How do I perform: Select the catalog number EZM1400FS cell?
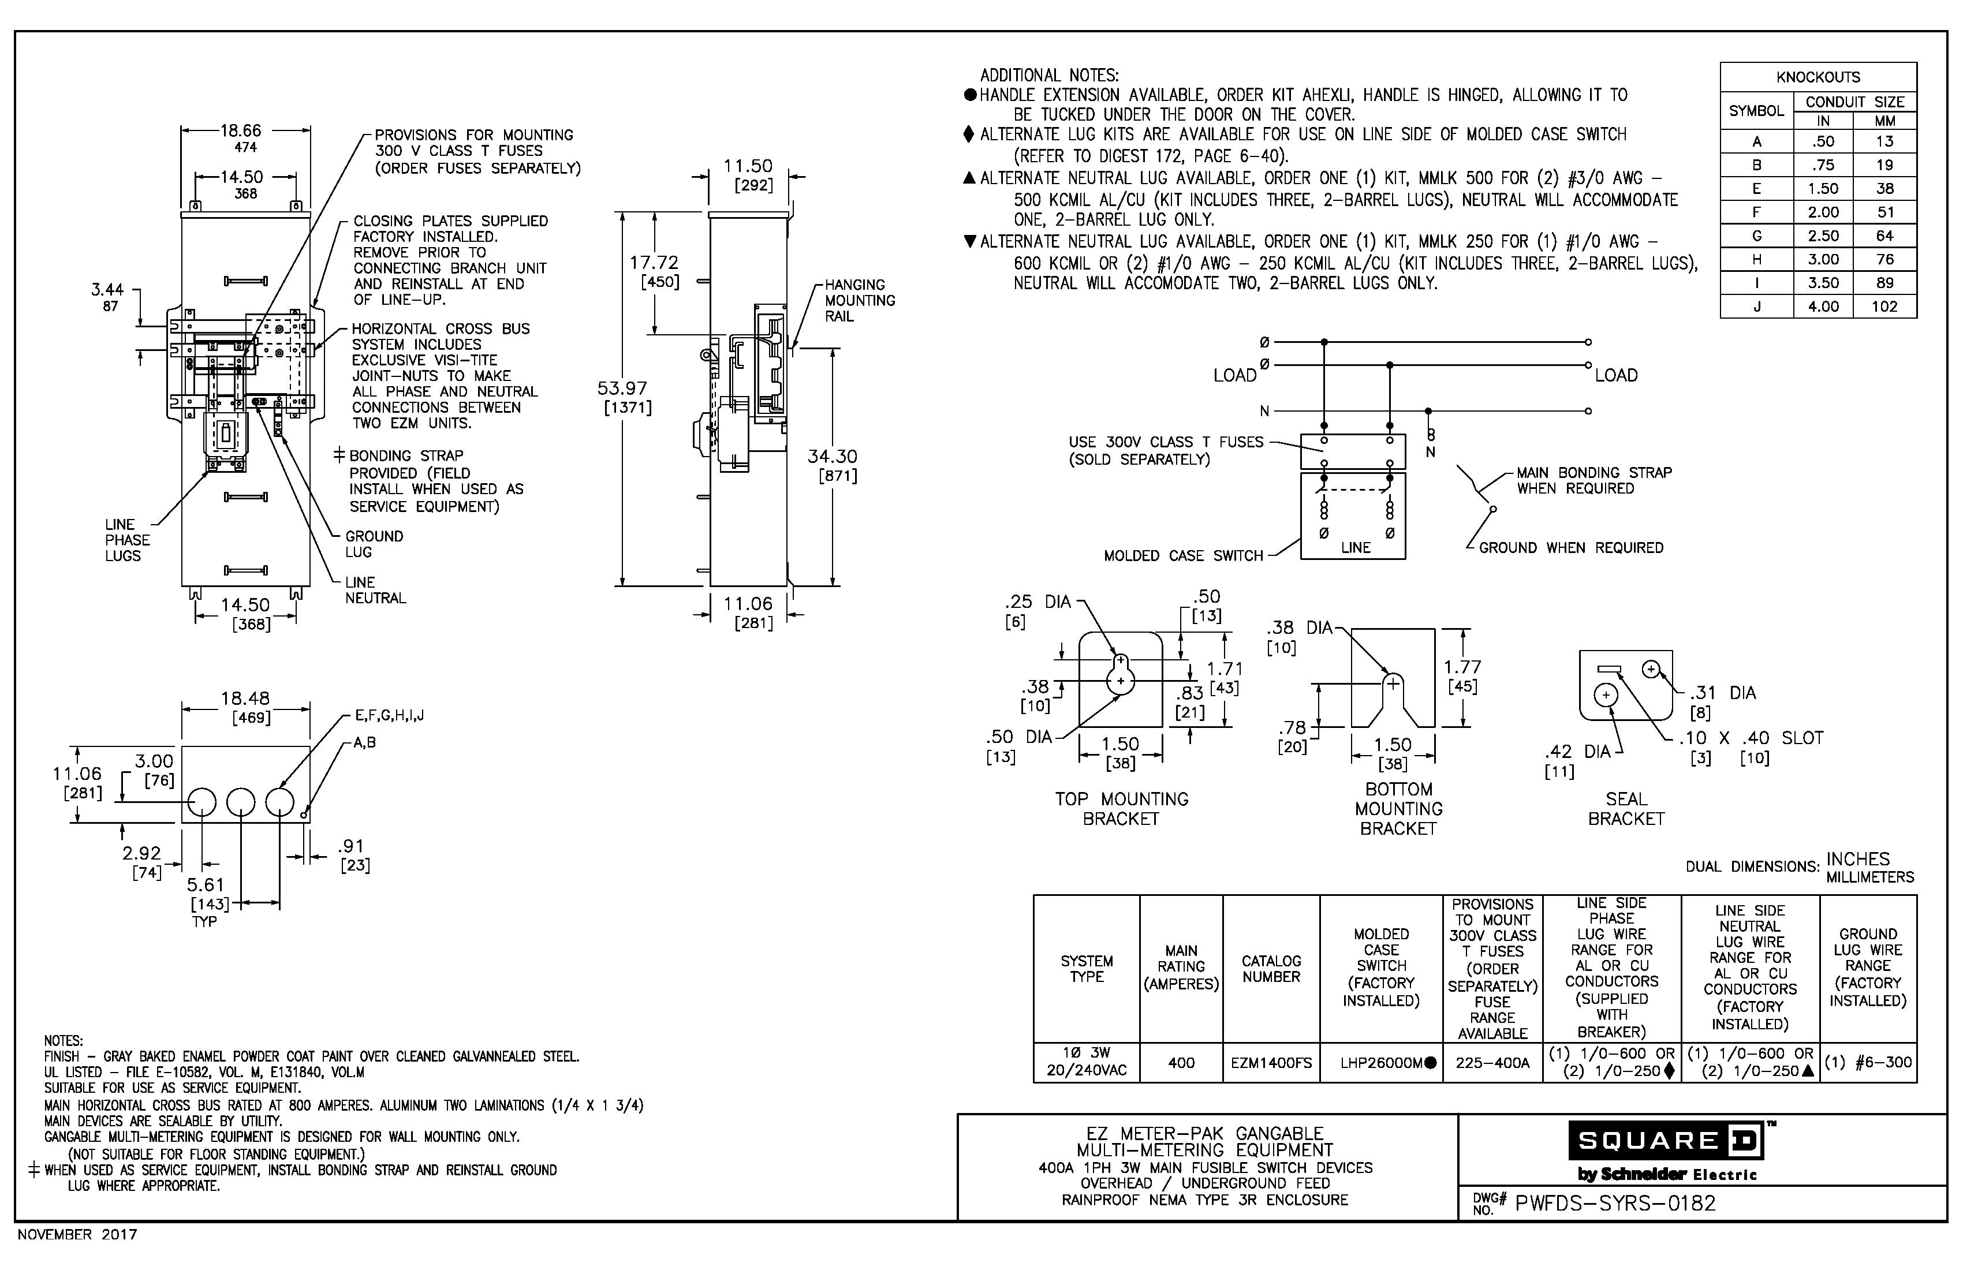(x=1270, y=1063)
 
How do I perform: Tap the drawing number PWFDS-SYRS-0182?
(x=1615, y=1203)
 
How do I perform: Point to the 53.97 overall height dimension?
(x=623, y=389)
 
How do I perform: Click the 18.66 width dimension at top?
(x=241, y=130)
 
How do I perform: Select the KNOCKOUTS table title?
(x=1818, y=77)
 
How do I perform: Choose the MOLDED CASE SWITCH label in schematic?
(x=1183, y=556)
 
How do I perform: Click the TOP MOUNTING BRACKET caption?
(x=1121, y=808)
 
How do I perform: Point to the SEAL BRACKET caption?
(x=1626, y=808)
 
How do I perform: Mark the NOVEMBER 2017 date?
(x=77, y=1235)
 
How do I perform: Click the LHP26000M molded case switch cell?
(x=1382, y=1063)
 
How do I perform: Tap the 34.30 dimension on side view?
(x=832, y=456)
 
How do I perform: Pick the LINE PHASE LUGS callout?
(x=127, y=540)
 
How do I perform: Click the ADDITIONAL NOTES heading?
(x=1049, y=75)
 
